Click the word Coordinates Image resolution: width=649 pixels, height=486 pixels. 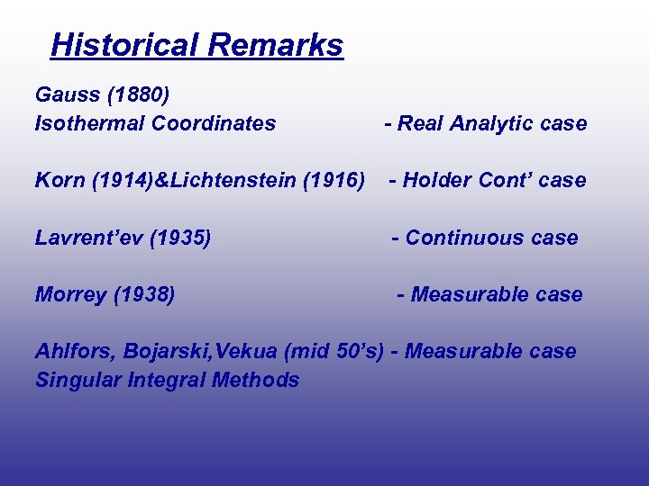[214, 123]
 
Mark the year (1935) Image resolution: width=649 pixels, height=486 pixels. [180, 238]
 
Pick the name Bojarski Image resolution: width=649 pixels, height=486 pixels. [153, 351]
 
